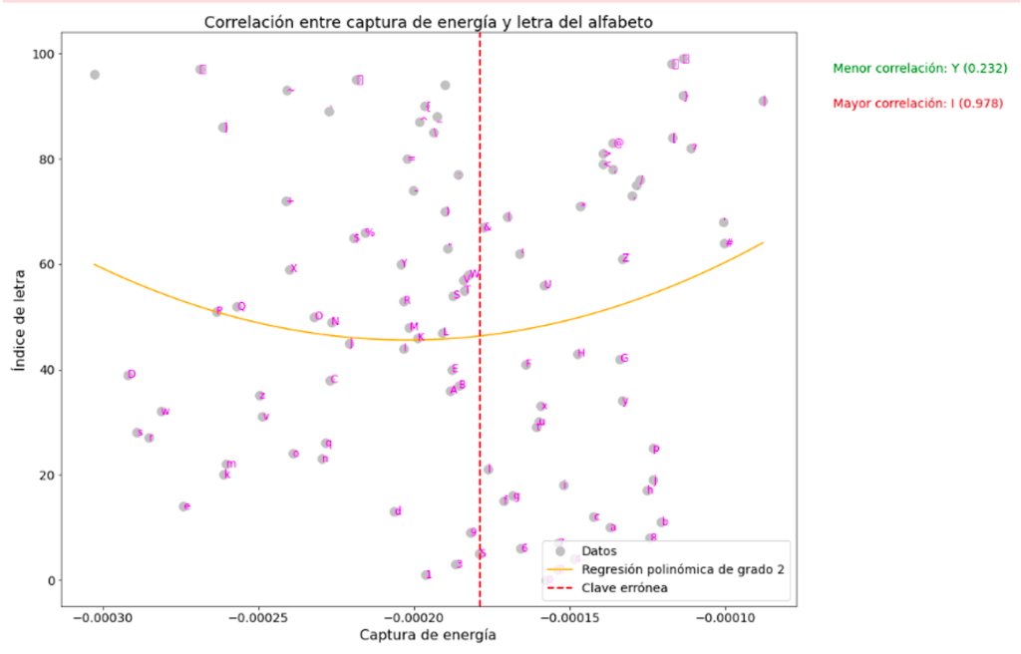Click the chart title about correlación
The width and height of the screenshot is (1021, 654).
[428, 22]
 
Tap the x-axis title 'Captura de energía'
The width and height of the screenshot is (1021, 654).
[428, 635]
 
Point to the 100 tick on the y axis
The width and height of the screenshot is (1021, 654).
[46, 54]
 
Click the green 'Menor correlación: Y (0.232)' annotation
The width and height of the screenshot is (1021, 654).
[920, 69]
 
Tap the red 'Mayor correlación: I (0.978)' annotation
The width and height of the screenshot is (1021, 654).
[918, 103]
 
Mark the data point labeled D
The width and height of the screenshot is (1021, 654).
[128, 375]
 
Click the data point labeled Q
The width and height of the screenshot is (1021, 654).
[237, 307]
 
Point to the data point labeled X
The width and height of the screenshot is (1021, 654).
[290, 269]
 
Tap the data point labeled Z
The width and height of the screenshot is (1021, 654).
[622, 258]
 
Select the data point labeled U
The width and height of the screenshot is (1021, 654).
[544, 285]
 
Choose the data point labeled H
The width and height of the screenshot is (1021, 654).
[577, 354]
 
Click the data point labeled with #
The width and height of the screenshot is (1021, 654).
[725, 243]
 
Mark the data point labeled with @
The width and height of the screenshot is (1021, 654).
[613, 144]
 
